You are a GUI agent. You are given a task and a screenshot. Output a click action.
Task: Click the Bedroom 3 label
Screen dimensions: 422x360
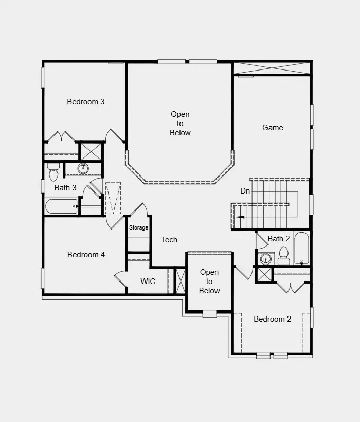click(86, 102)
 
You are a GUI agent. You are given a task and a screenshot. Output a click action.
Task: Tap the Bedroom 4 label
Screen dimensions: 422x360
click(86, 255)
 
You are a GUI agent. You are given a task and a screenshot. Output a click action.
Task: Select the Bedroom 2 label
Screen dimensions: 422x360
click(272, 319)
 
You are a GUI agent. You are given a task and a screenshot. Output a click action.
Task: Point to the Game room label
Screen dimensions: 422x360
click(273, 128)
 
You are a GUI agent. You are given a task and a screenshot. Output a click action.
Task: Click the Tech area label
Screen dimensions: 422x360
click(169, 240)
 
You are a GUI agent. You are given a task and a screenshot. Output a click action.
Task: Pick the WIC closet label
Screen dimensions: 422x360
click(148, 282)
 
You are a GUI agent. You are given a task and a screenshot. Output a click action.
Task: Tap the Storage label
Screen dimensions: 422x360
click(138, 227)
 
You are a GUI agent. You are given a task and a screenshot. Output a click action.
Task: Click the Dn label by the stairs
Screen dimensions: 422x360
click(245, 191)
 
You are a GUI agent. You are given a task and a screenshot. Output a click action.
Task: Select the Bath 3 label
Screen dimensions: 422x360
click(65, 188)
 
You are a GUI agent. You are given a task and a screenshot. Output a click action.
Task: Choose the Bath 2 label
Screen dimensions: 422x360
click(279, 239)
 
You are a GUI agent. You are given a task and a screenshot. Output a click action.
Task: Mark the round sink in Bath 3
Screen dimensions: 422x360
click(83, 168)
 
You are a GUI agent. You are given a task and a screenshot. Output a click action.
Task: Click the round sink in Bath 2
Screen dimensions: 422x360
click(265, 258)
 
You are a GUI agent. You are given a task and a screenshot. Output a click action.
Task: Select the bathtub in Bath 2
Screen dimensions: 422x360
click(301, 248)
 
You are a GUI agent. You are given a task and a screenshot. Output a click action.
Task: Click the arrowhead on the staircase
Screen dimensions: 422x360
click(239, 218)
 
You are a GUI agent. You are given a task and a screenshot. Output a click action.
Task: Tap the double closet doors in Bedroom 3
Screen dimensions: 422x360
click(61, 137)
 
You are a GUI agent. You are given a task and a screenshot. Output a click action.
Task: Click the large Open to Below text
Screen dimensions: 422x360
click(181, 124)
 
